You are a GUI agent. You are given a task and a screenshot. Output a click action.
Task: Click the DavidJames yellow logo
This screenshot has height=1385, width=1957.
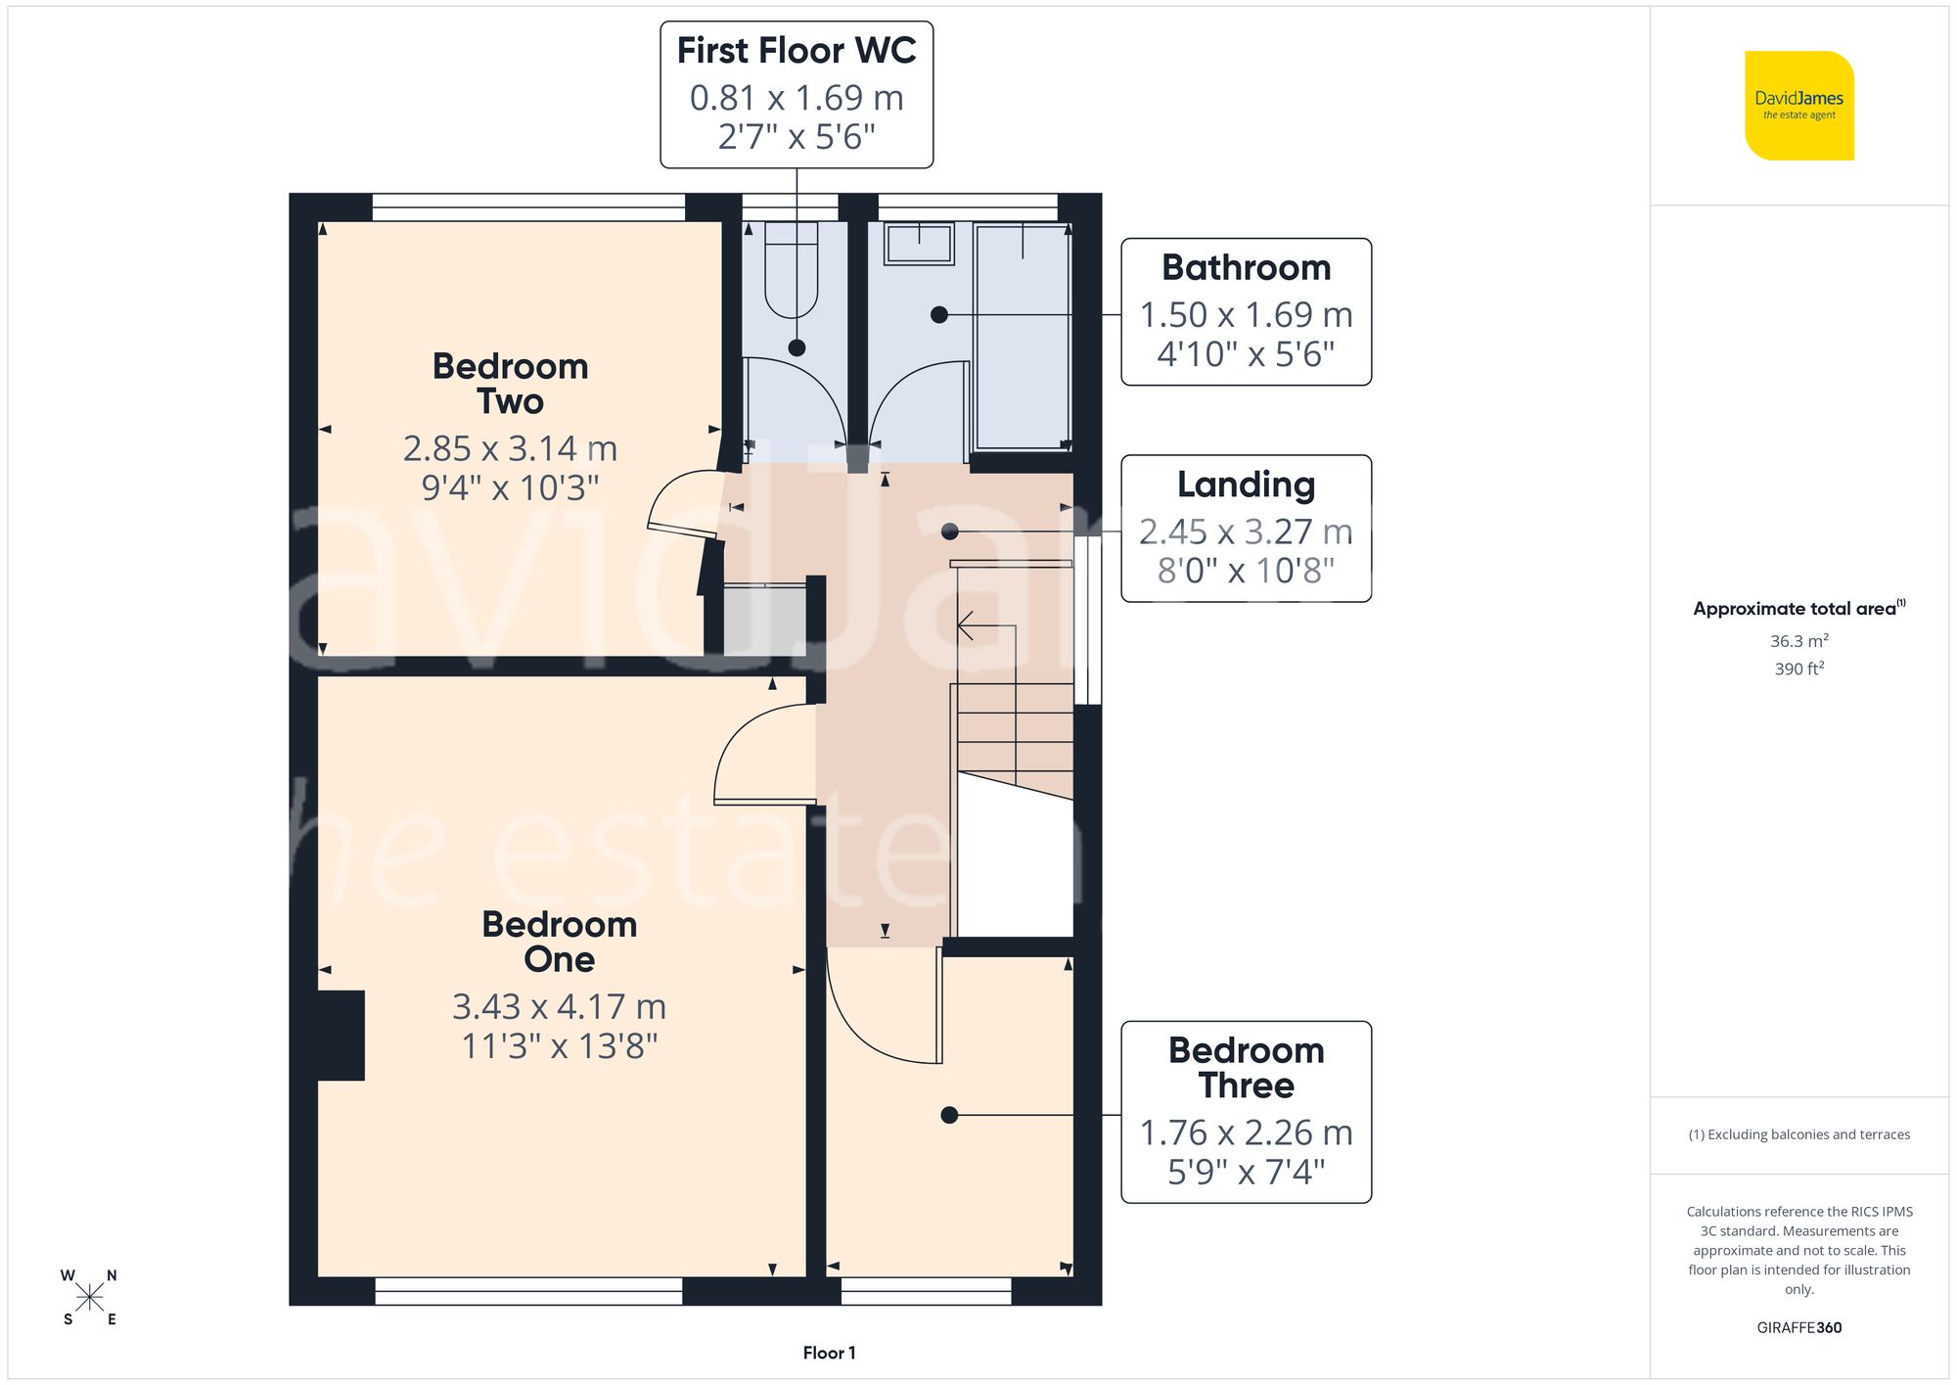click(x=1798, y=105)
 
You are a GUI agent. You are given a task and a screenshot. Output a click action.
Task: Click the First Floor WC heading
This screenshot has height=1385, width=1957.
click(x=796, y=51)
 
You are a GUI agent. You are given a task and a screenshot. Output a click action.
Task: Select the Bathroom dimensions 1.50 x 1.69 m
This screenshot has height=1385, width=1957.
click(x=1246, y=315)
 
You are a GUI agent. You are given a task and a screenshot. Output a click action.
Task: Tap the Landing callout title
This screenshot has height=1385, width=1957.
click(x=1246, y=485)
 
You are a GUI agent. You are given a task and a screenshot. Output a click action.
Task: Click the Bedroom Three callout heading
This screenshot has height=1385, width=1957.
click(x=1246, y=1068)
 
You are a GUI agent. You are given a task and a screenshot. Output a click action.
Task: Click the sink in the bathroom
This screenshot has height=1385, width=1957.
click(x=919, y=243)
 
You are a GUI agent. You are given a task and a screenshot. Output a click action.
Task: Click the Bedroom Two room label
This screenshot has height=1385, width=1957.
click(x=510, y=384)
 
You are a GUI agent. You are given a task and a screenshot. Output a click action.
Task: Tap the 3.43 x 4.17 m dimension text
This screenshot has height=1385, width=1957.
click(x=559, y=1007)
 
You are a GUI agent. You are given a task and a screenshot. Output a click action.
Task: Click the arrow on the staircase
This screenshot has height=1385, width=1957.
click(x=967, y=624)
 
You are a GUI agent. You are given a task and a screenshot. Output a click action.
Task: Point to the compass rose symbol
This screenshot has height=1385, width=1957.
click(x=89, y=1298)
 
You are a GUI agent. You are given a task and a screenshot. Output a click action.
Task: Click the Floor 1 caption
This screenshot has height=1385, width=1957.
click(x=829, y=1353)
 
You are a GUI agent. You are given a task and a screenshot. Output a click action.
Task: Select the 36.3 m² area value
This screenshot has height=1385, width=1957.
click(x=1798, y=641)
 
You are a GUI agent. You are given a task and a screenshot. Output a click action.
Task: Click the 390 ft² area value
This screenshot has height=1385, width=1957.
click(x=1798, y=669)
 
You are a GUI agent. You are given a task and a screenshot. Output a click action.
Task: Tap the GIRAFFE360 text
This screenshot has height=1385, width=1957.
click(x=1798, y=1327)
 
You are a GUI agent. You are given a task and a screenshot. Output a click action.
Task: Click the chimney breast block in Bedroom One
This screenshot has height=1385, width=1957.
click(x=341, y=1035)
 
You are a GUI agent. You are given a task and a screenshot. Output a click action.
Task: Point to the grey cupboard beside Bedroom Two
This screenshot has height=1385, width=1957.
click(x=764, y=621)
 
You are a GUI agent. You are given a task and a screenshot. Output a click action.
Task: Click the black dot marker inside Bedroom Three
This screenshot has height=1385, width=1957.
click(x=949, y=1115)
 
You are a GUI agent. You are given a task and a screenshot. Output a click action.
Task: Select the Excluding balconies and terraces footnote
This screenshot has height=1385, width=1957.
click(x=1798, y=1134)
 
